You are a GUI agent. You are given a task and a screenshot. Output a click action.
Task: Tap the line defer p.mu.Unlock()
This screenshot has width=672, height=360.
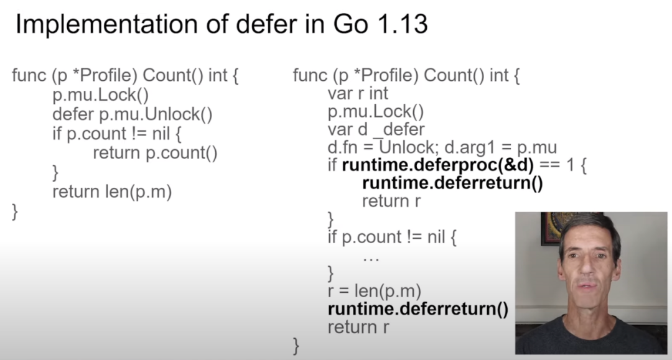click(x=133, y=114)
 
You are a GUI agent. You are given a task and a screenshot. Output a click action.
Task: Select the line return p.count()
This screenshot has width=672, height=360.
click(x=155, y=153)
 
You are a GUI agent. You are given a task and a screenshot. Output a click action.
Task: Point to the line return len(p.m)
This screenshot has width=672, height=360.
click(x=112, y=192)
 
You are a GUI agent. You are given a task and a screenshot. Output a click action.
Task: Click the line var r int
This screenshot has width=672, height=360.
click(x=358, y=94)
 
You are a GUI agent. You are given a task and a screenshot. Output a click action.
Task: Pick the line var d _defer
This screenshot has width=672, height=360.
click(x=376, y=129)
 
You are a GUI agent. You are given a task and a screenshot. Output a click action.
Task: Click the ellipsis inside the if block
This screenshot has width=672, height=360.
click(x=371, y=255)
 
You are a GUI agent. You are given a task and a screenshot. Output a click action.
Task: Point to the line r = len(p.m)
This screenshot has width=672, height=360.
click(x=375, y=290)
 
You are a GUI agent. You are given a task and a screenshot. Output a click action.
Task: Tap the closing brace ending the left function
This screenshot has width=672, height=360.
click(x=16, y=211)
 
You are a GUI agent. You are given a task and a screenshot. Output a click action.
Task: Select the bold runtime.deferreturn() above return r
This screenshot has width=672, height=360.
click(x=452, y=183)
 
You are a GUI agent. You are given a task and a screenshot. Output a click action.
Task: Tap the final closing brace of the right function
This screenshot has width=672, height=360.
click(x=296, y=345)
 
